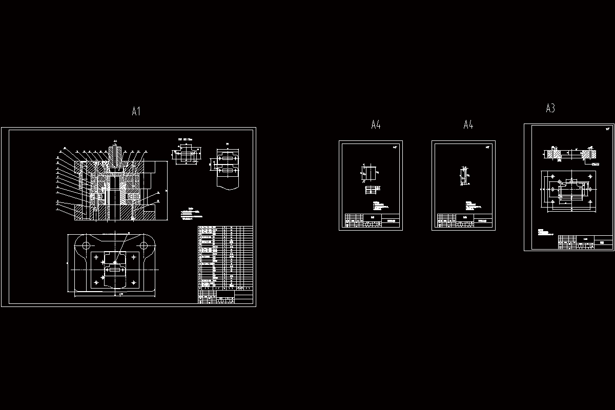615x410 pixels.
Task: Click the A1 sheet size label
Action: coord(136,111)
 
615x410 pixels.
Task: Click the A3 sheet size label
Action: coord(550,108)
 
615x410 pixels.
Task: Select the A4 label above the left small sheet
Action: coord(376,125)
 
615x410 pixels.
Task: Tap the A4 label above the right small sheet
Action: coord(468,125)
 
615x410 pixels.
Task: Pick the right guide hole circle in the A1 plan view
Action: coord(144,246)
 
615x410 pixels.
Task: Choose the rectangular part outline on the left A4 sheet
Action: coord(369,173)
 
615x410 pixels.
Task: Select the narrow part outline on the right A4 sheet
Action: coord(464,176)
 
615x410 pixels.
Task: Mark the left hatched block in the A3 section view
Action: coord(554,153)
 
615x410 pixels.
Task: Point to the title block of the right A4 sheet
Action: coord(464,220)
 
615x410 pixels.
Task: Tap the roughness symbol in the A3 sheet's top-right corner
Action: coord(608,129)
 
